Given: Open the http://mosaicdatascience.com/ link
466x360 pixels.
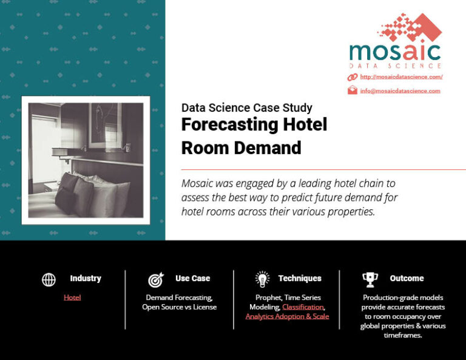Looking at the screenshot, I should tap(401, 77).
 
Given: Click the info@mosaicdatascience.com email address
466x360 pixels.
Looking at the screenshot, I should tap(400, 91).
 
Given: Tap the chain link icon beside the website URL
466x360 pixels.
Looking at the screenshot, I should tap(352, 77).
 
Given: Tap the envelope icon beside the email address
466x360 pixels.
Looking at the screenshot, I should tap(352, 90).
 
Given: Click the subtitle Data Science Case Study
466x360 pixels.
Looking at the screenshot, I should tap(247, 108).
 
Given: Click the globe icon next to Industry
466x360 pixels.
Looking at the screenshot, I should tap(49, 279).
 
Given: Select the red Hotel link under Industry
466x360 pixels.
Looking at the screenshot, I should tap(72, 297).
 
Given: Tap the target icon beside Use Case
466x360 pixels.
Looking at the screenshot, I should tap(155, 280).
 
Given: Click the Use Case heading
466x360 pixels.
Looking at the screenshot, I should tap(192, 279).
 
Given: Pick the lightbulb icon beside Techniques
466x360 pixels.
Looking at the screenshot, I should tap(262, 279).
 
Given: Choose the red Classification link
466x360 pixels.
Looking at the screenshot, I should tap(303, 307).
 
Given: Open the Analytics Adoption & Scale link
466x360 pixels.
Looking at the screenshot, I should tap(287, 317).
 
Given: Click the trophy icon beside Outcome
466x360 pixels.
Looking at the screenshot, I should tap(370, 279).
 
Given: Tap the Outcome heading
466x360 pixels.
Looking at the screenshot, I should tap(407, 279).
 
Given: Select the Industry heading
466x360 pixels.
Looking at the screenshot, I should tap(86, 279).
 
